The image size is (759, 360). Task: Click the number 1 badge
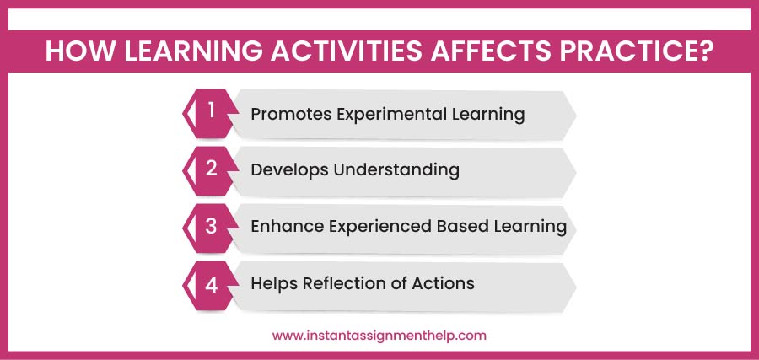pos(211,112)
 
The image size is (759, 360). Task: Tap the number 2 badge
pos(211,169)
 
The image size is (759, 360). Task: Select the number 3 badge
pos(211,226)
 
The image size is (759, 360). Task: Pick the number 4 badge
pos(211,283)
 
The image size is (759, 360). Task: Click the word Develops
pos(289,169)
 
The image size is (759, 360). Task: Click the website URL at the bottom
pos(379,335)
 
